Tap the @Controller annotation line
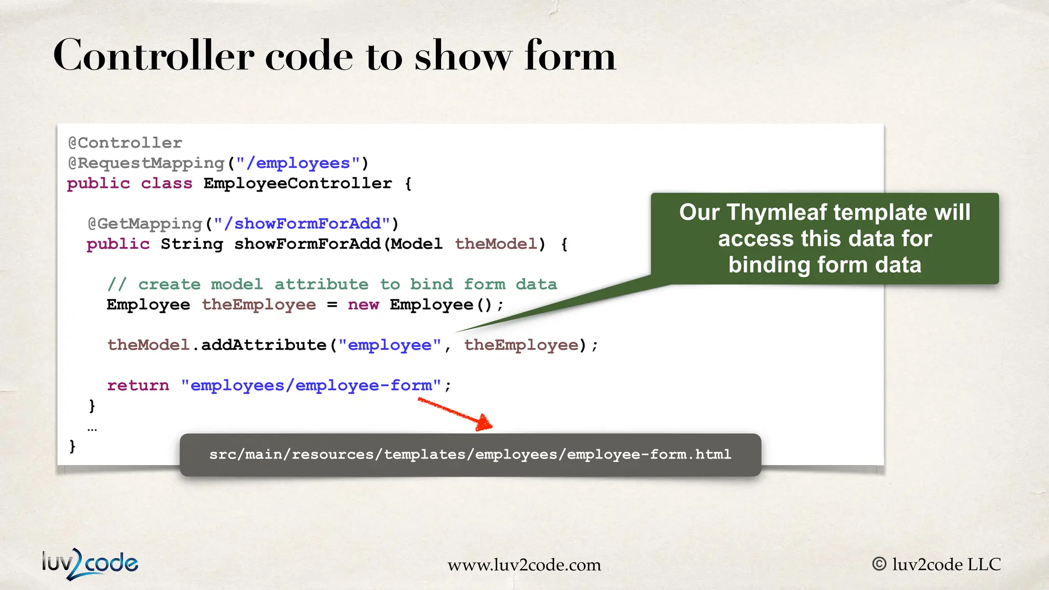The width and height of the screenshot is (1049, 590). point(125,143)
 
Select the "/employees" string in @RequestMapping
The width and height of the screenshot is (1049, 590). point(298,163)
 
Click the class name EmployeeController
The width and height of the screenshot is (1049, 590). point(298,183)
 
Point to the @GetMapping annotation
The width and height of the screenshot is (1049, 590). point(145,224)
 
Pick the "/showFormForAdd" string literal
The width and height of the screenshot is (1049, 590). point(302,224)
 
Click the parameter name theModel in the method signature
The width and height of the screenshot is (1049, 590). point(496,244)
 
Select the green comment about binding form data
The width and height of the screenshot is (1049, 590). point(332,284)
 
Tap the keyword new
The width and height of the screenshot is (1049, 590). point(363,305)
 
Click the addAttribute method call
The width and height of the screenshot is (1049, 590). point(263,345)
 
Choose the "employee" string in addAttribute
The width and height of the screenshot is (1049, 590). point(389,345)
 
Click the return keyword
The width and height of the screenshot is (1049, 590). point(138,385)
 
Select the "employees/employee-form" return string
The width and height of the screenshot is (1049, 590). point(311,385)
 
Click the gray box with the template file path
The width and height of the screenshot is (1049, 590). point(470,455)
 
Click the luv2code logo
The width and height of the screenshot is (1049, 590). point(90,563)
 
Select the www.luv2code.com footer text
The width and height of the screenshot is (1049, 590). point(524,565)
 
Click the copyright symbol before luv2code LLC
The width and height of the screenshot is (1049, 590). point(879,564)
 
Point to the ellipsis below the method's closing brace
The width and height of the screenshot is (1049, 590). point(92,429)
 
